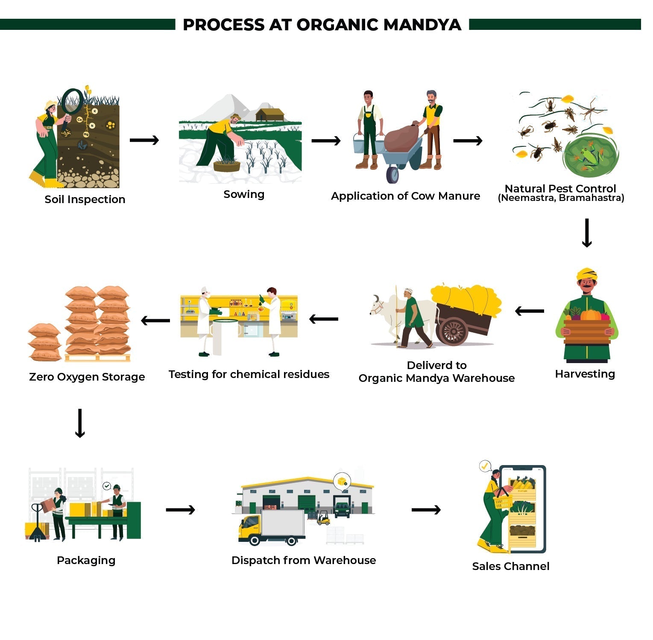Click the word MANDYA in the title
click(x=422, y=25)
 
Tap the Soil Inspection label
click(x=85, y=200)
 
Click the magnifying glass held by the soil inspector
click(x=72, y=101)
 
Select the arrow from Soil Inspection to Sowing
click(x=144, y=140)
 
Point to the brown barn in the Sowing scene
click(x=269, y=115)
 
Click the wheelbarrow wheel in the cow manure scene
click(x=392, y=174)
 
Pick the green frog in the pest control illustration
click(x=591, y=156)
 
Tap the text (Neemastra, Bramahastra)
click(x=561, y=198)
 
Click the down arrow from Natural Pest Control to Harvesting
click(x=587, y=233)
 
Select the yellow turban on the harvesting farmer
click(x=586, y=273)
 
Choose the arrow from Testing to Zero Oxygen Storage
click(x=155, y=320)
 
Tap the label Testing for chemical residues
click(x=249, y=375)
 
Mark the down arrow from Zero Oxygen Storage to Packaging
click(x=80, y=423)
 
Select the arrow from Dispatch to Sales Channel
click(x=426, y=509)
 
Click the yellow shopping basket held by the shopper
click(x=503, y=502)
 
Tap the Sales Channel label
click(x=510, y=567)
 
